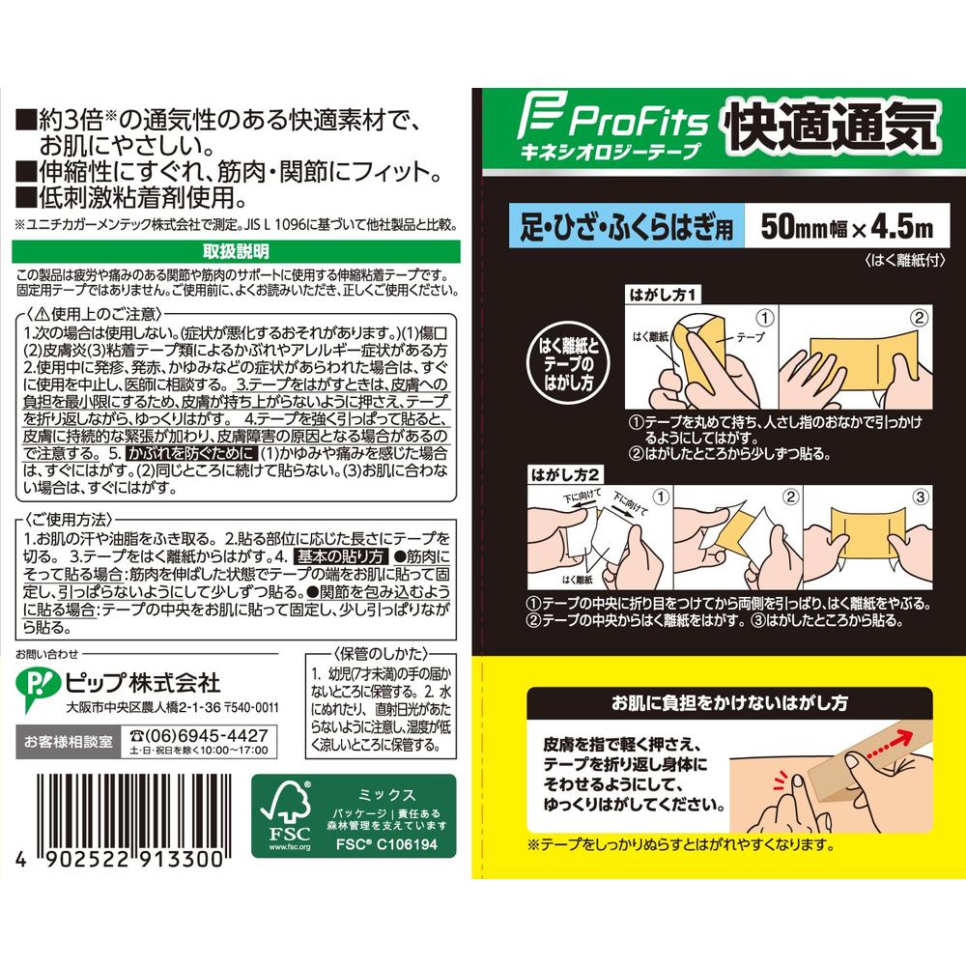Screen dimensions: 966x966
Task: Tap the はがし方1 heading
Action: tap(665, 292)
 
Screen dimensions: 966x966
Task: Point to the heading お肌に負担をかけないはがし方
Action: tap(720, 702)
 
